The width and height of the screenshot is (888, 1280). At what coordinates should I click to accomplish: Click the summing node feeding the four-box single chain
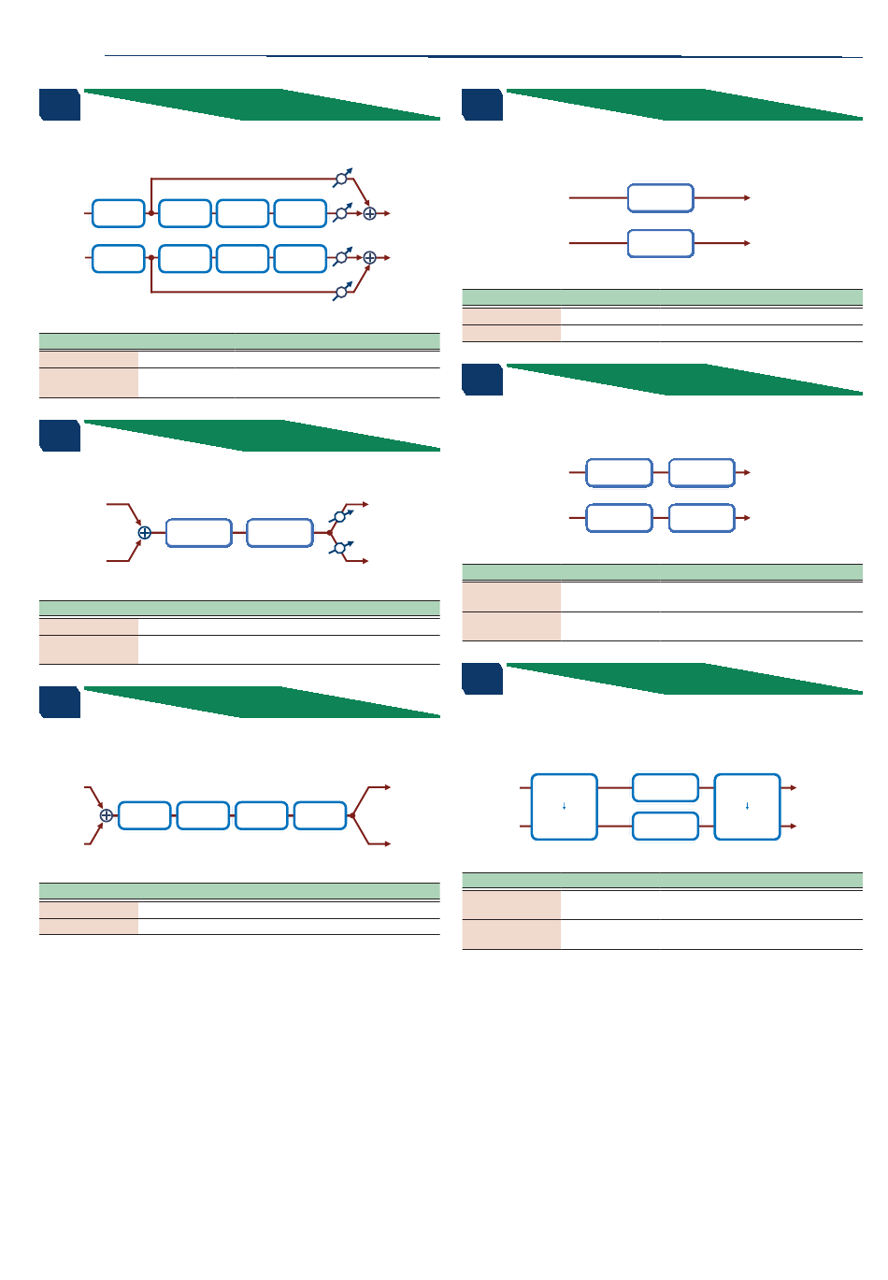tap(107, 815)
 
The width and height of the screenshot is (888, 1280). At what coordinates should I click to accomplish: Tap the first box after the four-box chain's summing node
tap(145, 815)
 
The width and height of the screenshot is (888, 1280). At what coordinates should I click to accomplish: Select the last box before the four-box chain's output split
tap(320, 815)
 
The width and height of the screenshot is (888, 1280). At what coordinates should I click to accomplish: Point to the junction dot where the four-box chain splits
tap(351, 815)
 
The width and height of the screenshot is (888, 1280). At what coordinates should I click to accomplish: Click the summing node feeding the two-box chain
tap(144, 533)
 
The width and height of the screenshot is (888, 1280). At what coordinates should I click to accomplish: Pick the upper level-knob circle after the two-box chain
tap(340, 517)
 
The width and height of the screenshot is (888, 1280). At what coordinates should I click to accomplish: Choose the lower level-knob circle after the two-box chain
tap(340, 548)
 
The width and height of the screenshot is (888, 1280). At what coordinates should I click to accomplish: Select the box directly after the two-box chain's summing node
tap(198, 533)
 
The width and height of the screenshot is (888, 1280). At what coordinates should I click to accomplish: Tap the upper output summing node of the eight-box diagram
tap(369, 213)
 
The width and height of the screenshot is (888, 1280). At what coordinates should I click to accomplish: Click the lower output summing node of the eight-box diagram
tap(369, 257)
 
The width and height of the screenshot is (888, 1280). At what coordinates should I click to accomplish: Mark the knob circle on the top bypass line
tap(341, 179)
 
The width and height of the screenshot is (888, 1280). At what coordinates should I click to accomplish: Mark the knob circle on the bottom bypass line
tap(341, 292)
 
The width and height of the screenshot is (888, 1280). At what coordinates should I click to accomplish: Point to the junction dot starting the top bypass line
tap(151, 213)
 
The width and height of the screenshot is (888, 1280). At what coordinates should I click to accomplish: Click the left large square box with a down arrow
tap(564, 807)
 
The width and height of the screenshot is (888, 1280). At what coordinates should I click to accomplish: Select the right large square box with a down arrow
tap(747, 807)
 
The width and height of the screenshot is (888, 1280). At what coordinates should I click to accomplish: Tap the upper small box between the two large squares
tap(666, 788)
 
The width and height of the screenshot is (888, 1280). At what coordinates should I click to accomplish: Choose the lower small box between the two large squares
tap(666, 827)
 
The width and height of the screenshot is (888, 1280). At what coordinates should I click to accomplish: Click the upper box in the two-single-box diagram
tap(660, 198)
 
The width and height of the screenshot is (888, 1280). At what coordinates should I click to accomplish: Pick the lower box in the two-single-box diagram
tap(660, 243)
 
